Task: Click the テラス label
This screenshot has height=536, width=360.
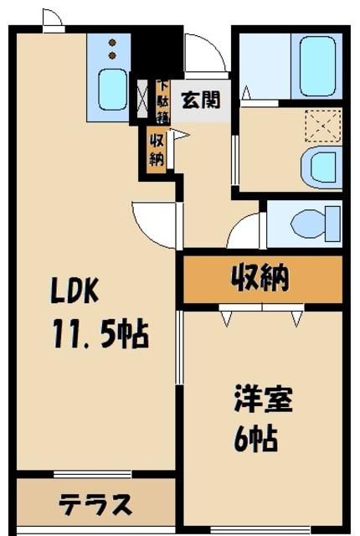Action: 95,505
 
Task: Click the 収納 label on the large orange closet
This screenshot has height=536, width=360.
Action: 260,279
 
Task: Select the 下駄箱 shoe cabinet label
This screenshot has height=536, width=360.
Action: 162,101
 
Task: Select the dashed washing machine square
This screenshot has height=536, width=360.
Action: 321,126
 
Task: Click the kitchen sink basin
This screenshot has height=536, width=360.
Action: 111,90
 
